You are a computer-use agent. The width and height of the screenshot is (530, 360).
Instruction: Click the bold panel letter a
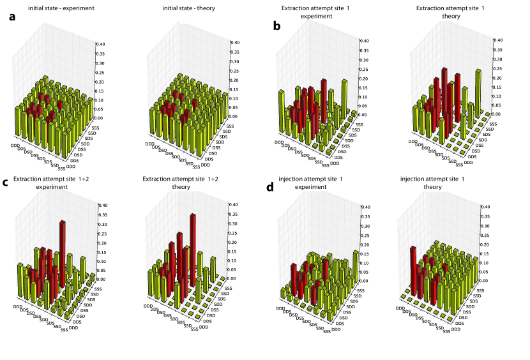tap(12, 17)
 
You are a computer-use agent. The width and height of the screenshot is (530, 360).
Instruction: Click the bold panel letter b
tap(276, 26)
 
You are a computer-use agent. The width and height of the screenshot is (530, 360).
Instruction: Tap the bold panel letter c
tap(6, 183)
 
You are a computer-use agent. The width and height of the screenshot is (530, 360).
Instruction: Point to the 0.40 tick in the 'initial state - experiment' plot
tap(100, 45)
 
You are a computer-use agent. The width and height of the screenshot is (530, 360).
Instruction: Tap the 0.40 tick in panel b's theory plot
tap(498, 40)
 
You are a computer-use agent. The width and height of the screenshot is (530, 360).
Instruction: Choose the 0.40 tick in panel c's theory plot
tap(233, 206)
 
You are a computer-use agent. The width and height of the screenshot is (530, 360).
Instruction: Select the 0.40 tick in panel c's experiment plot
tap(102, 206)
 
